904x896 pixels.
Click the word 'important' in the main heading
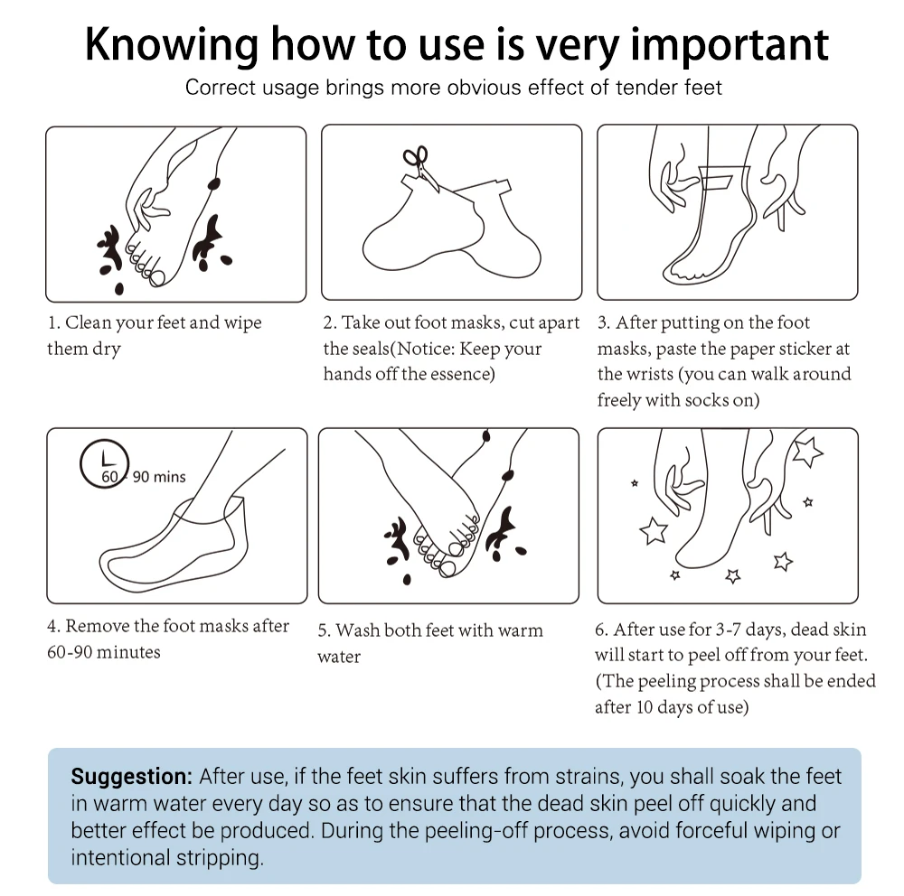(730, 45)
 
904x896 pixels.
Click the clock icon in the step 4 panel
(104, 464)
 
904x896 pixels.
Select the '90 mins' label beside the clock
(159, 477)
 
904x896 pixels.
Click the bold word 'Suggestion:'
(131, 777)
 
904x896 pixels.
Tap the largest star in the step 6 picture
(807, 452)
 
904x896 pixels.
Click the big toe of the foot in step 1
(156, 279)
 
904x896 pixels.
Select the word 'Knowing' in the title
(172, 46)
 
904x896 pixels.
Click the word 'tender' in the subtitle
(647, 88)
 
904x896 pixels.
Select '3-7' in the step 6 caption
(728, 630)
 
